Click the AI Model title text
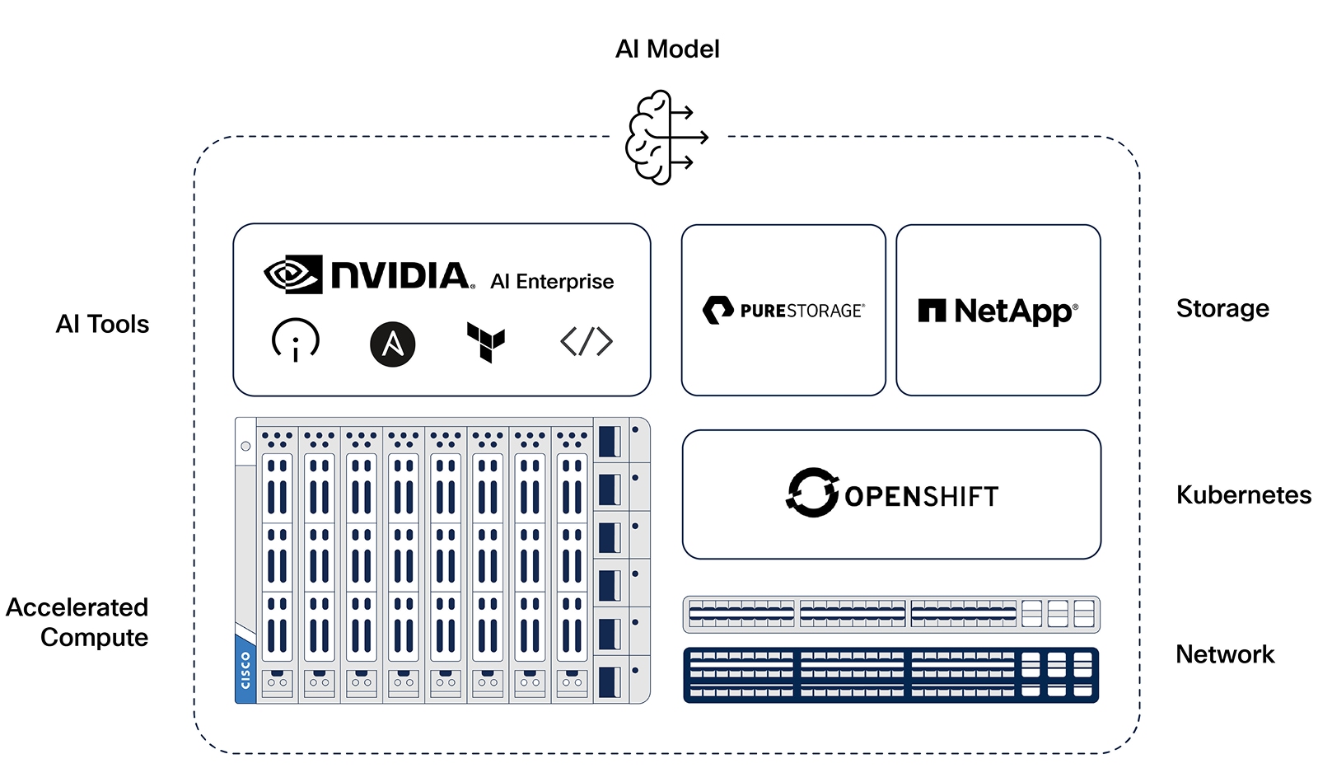(x=667, y=49)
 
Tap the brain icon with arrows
(x=666, y=137)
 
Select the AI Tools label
(x=102, y=324)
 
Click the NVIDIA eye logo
(x=293, y=274)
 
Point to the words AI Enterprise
(x=552, y=281)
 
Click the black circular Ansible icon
(x=392, y=344)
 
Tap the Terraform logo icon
(x=486, y=342)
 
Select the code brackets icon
(x=587, y=341)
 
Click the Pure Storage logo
(x=783, y=310)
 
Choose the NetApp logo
(x=998, y=311)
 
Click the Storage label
(x=1222, y=308)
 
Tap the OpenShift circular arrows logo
(x=812, y=493)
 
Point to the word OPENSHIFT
(x=922, y=496)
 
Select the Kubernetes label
(x=1244, y=495)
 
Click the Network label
(x=1225, y=653)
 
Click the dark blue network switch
(x=890, y=675)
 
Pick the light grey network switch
(x=890, y=615)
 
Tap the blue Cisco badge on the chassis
(x=245, y=668)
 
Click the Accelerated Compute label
(x=77, y=622)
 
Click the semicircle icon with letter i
(x=296, y=340)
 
